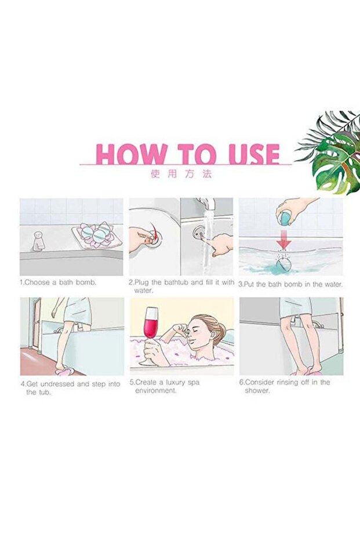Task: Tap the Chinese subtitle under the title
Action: pos(181,174)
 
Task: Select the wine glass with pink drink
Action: pos(152,334)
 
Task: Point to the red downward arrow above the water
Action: pos(283,240)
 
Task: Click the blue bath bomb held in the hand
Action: pos(285,219)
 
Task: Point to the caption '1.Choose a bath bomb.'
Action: pos(58,282)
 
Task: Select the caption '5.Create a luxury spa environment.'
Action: pos(165,386)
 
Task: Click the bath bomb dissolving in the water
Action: pos(283,266)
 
